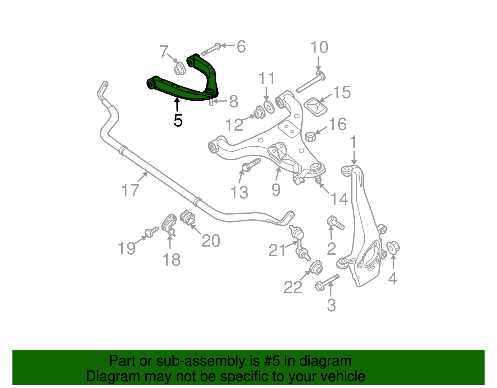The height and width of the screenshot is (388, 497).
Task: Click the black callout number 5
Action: pos(178,121)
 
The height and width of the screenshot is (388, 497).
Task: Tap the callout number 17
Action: pos(130,190)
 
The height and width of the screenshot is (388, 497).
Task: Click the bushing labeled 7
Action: pos(179,69)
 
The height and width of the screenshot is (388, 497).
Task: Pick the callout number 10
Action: pos(319,48)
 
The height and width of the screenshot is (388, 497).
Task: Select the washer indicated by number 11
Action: pos(268,107)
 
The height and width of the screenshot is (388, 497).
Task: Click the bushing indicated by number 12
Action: pos(259,113)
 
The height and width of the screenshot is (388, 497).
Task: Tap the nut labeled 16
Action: pos(310,136)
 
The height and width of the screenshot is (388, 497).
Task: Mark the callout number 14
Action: pos(339,199)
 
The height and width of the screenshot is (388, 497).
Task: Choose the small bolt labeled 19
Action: pos(151,232)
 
